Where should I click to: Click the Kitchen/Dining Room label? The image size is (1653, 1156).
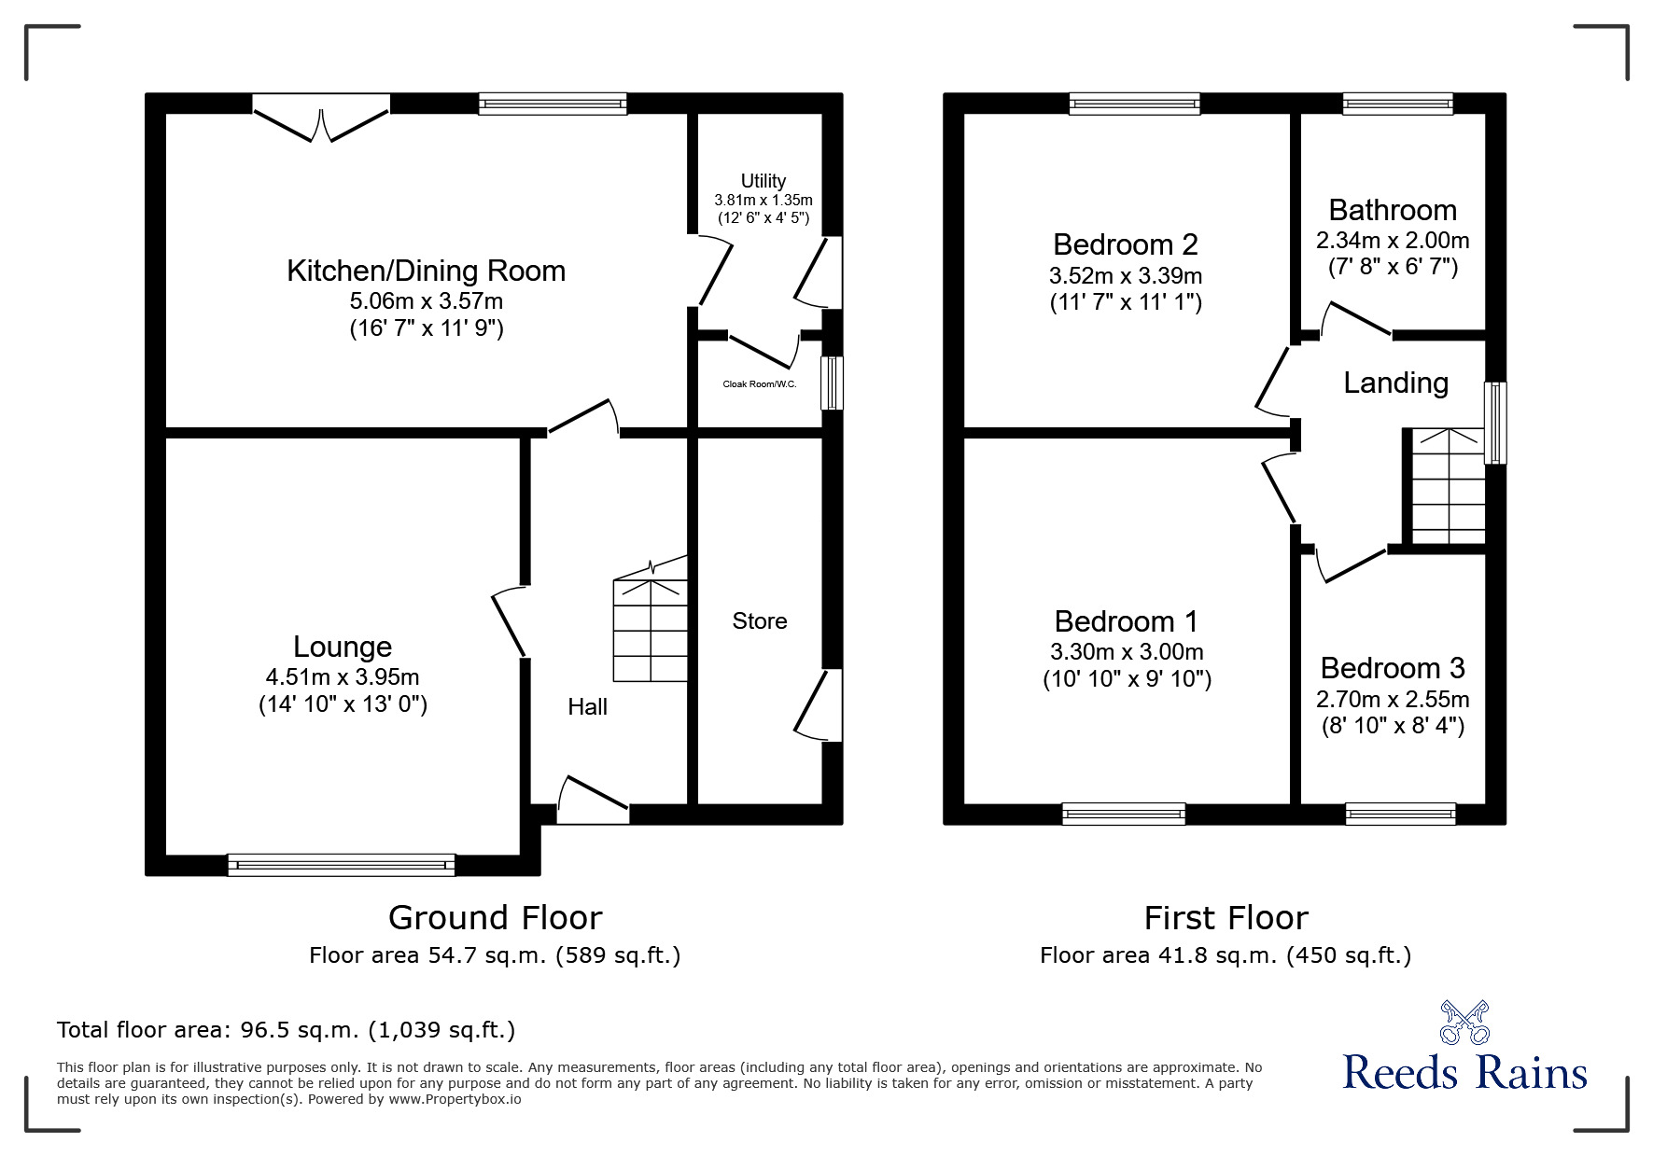pyautogui.click(x=426, y=271)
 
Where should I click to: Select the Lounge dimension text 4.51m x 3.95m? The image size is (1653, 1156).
pyautogui.click(x=343, y=676)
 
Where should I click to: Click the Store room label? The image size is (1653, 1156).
pyautogui.click(x=759, y=621)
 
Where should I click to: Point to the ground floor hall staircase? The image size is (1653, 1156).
pyautogui.click(x=650, y=630)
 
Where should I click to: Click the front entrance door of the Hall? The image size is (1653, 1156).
pyautogui.click(x=593, y=802)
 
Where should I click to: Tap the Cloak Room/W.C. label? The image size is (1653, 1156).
pyautogui.click(x=759, y=384)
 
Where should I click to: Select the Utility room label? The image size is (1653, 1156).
pyautogui.click(x=763, y=181)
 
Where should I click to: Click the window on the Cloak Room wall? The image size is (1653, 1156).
pyautogui.click(x=831, y=383)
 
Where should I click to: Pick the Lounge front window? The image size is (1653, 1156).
pyautogui.click(x=342, y=865)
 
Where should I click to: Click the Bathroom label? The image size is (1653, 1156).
pyautogui.click(x=1392, y=210)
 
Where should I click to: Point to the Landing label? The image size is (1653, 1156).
pyautogui.click(x=1395, y=383)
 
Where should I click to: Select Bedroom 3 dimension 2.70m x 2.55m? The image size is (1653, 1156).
pyautogui.click(x=1392, y=699)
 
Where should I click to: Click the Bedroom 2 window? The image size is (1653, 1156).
pyautogui.click(x=1134, y=104)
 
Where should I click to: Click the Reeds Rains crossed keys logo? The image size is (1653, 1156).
pyautogui.click(x=1464, y=1022)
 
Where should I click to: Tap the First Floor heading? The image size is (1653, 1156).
pyautogui.click(x=1226, y=918)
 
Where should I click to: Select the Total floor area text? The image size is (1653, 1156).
pyautogui.click(x=286, y=1030)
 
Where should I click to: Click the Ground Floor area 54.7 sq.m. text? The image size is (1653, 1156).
pyautogui.click(x=495, y=955)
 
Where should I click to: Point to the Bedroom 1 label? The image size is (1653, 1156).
pyautogui.click(x=1126, y=621)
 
